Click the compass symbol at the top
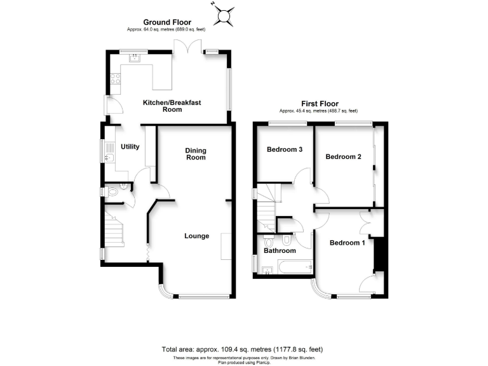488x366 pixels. point(224,15)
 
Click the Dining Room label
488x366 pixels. point(196,154)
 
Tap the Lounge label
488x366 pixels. point(197,236)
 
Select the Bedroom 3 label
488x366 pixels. point(284,150)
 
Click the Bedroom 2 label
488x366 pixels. point(343,156)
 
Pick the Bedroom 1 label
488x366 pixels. point(347,242)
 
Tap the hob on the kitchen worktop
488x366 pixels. point(116,79)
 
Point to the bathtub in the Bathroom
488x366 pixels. point(292,268)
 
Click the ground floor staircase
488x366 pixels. point(114,229)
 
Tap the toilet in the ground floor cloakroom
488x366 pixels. point(113,191)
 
